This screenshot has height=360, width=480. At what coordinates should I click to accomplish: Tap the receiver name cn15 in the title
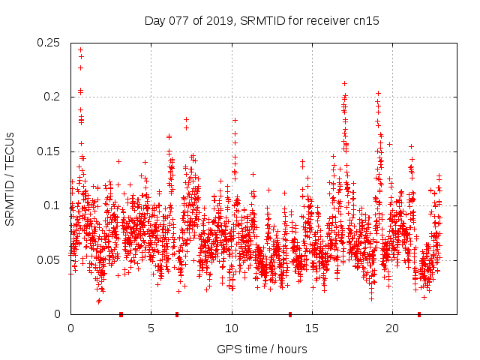pos(365,21)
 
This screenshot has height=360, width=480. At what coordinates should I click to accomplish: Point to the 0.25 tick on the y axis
pos(49,42)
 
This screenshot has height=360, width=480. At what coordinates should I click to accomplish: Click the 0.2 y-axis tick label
pos(52,97)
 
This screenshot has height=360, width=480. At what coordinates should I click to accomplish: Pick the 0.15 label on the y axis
pos(49,151)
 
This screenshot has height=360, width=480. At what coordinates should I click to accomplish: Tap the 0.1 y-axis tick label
pos(52,205)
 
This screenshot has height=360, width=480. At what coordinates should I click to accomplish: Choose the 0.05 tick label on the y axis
pos(49,260)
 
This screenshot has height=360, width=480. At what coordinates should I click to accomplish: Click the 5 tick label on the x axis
pos(151,328)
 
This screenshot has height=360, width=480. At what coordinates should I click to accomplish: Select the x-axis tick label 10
pos(231,328)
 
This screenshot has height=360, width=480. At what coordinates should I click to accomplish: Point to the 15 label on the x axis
pos(311,328)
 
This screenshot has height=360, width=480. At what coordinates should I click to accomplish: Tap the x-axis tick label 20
pos(391,328)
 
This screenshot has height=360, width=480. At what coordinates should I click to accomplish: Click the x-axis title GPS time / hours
pos(262,349)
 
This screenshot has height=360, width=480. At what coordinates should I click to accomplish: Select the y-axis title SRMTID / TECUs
pos(10,178)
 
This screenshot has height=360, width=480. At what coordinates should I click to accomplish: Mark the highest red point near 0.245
pos(80,50)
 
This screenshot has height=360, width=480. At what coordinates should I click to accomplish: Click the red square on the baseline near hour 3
pos(121,314)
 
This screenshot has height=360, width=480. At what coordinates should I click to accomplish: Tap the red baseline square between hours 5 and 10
pos(177,314)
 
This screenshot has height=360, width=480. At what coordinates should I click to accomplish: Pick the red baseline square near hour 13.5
pos(290,314)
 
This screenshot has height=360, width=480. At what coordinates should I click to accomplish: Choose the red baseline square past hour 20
pos(419,314)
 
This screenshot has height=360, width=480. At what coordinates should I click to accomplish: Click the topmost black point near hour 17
pos(344,83)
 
